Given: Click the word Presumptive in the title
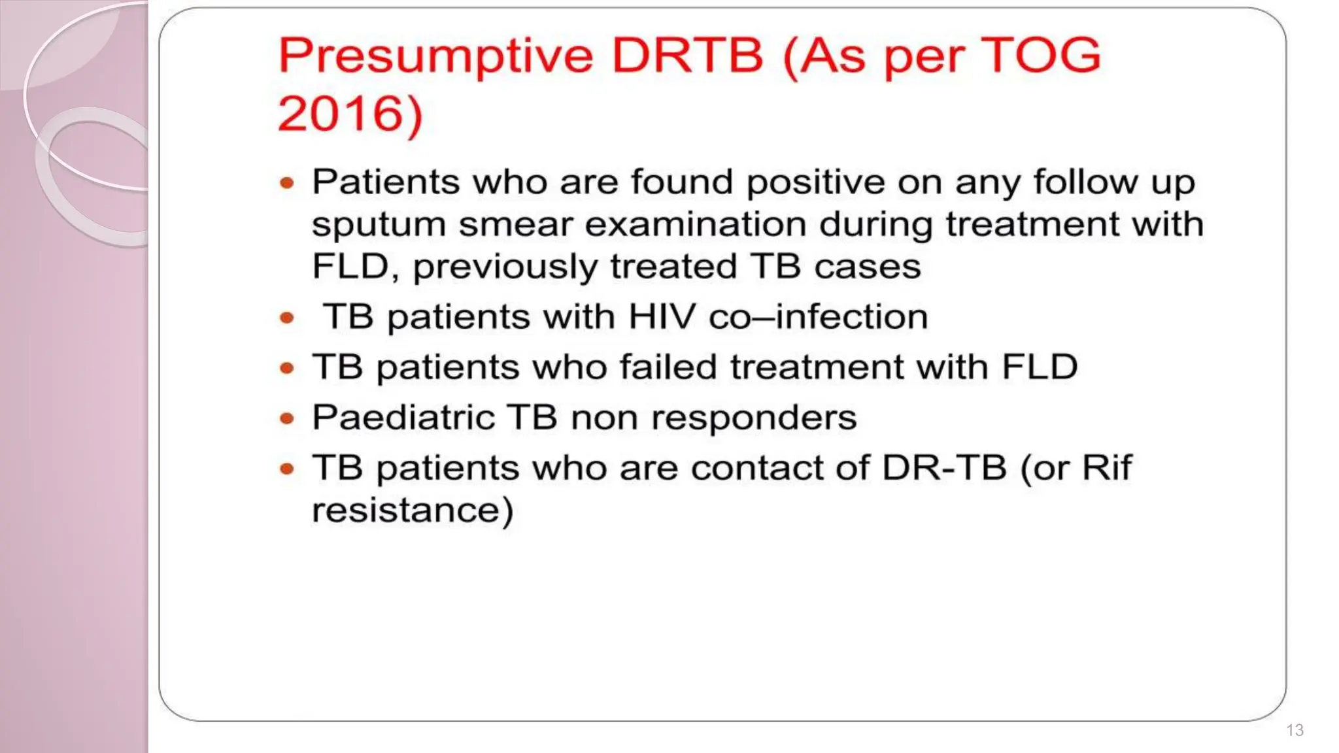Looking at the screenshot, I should pos(436,57).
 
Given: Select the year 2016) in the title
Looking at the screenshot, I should pos(350,114).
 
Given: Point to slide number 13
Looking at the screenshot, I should pos(1295,730).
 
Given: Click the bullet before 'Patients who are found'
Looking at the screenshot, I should pos(287,183).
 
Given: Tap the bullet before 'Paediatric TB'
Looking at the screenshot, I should pos(287,418).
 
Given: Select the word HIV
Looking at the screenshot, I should pos(661,317).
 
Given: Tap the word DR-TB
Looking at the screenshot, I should pos(943,468).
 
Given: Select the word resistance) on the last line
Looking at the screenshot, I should pos(413,510).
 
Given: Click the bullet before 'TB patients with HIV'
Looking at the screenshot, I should pos(287,318).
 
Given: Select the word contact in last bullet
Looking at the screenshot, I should pos(779,468).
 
